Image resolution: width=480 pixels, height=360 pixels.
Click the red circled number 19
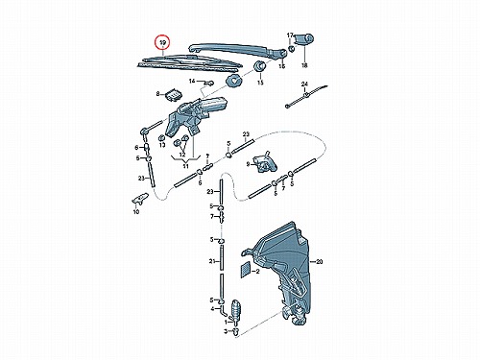(163, 42)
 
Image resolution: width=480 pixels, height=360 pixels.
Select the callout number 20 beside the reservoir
(319, 262)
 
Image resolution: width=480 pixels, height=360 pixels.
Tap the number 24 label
(304, 84)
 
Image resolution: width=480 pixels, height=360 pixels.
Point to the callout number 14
(192, 82)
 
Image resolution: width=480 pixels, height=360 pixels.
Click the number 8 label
(157, 94)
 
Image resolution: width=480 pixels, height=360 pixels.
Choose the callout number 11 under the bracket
(185, 166)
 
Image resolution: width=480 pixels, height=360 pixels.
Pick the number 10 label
(136, 212)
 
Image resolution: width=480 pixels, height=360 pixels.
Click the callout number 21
(212, 261)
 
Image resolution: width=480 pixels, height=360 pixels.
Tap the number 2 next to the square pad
(257, 272)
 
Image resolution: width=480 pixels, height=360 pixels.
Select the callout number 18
(304, 65)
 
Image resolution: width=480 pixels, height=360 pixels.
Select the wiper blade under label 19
(189, 63)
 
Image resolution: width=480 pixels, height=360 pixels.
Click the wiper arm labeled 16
(237, 51)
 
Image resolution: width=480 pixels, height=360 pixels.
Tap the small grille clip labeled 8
(173, 94)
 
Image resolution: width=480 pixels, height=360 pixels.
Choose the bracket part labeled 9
(265, 162)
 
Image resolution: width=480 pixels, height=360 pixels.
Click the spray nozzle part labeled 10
(140, 199)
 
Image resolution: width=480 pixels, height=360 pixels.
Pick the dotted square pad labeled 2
(246, 269)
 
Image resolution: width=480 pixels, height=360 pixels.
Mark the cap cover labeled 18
(303, 39)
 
